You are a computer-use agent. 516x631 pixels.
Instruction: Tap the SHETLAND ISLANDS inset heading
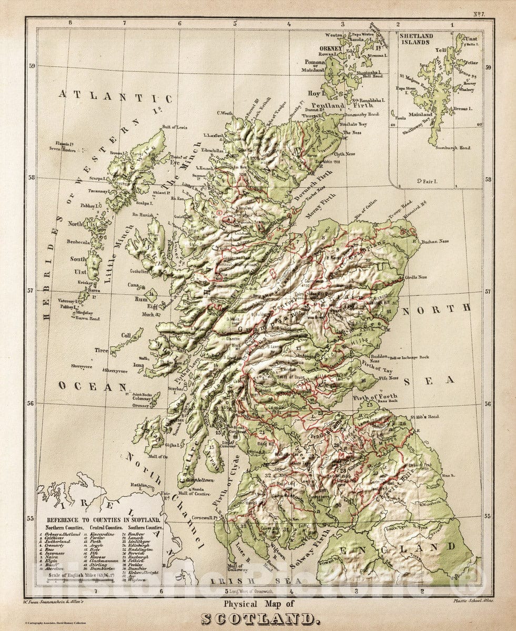tap(416, 39)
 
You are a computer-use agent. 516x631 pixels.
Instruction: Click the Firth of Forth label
tap(375, 396)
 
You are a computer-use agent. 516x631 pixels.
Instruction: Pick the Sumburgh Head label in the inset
tap(452, 148)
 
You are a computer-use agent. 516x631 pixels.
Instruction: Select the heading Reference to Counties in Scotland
tap(100, 520)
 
